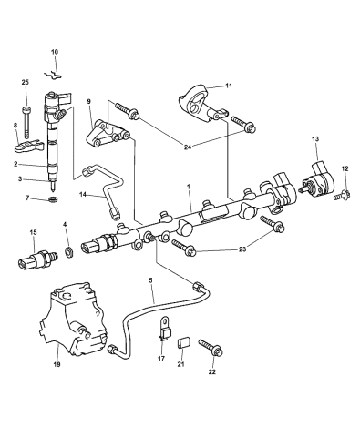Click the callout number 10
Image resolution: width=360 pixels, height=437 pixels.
click(x=55, y=52)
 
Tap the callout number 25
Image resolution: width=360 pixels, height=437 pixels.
click(x=26, y=82)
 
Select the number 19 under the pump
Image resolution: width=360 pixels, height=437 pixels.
click(x=57, y=364)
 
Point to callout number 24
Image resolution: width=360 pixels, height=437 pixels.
click(x=188, y=147)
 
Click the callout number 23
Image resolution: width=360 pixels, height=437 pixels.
click(x=242, y=249)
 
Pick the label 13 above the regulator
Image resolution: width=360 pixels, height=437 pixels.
click(x=315, y=139)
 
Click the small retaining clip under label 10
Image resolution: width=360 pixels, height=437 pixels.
click(x=53, y=75)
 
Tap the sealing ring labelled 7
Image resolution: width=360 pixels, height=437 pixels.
click(x=54, y=199)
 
